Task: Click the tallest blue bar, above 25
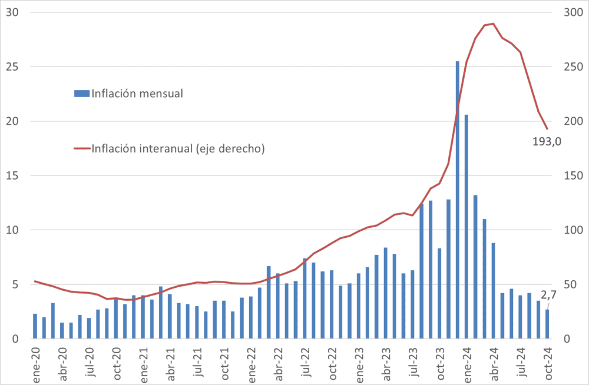(458, 200)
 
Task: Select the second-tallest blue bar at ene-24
(466, 227)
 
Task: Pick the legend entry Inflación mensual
(137, 93)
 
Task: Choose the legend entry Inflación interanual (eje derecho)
(178, 148)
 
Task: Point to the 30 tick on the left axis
(12, 12)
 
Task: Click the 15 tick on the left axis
(12, 175)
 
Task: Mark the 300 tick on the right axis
(573, 12)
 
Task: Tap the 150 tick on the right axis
(573, 175)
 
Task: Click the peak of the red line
(493, 24)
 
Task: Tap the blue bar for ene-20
(35, 326)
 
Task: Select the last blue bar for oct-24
(547, 324)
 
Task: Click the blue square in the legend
(81, 93)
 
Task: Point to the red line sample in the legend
(81, 148)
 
